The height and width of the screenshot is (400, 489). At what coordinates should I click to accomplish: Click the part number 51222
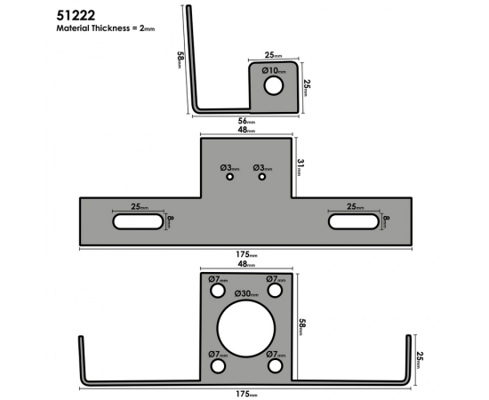click(76, 16)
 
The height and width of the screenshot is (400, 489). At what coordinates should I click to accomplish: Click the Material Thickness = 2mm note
click(106, 28)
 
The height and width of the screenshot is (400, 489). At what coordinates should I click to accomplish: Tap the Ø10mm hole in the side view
click(274, 85)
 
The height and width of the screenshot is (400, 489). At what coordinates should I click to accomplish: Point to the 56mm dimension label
click(246, 121)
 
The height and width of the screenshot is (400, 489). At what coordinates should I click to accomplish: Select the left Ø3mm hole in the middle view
click(230, 177)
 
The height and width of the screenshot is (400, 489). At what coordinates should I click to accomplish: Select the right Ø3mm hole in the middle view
click(262, 177)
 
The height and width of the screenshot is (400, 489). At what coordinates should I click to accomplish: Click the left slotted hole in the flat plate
click(138, 221)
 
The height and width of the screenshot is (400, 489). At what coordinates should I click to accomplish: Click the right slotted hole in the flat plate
click(354, 221)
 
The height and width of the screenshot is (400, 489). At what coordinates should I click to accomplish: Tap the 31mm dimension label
click(301, 167)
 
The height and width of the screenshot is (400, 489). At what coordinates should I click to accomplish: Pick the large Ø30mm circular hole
click(246, 329)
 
